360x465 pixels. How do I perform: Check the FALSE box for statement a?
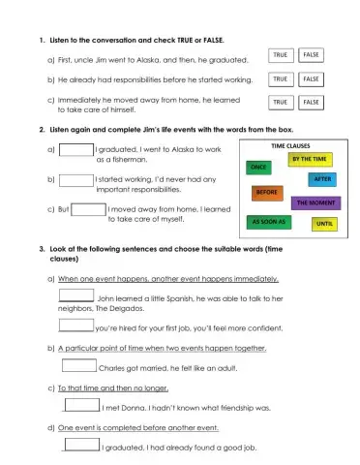click(312, 56)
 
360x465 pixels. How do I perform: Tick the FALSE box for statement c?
click(312, 101)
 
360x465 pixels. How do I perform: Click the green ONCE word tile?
click(259, 169)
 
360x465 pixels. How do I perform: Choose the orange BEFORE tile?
click(266, 192)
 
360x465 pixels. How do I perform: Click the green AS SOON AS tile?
click(265, 221)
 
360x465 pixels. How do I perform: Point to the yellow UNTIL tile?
click(323, 224)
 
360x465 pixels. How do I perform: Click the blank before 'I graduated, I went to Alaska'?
click(76, 150)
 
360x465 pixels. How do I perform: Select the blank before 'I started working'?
click(76, 179)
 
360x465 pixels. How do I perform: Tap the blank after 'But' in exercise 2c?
click(88, 208)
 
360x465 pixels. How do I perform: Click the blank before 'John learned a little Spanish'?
click(76, 296)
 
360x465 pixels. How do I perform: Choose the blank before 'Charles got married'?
click(79, 366)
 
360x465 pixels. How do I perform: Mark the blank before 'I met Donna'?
click(81, 406)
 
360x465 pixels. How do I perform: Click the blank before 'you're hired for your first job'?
click(76, 325)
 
